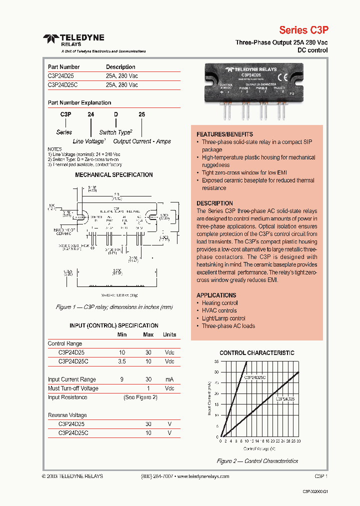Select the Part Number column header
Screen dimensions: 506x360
tap(63, 67)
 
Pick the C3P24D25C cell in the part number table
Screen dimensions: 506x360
tap(65, 85)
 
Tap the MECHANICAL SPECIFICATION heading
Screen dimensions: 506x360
tap(114, 175)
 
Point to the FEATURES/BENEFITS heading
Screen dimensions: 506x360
tap(224, 134)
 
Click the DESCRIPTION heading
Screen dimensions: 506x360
tap(214, 203)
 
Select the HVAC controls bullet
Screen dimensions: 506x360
tap(219, 310)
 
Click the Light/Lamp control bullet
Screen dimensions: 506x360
tap(223, 318)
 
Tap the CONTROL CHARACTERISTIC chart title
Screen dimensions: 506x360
tap(257, 353)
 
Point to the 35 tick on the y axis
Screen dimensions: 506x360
tap(216, 361)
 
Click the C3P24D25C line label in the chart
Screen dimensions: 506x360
tap(254, 377)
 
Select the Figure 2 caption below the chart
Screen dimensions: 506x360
tap(257, 461)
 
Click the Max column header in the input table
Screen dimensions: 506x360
tap(148, 334)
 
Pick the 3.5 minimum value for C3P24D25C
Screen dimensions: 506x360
tap(122, 361)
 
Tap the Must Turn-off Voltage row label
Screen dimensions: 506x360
tap(73, 388)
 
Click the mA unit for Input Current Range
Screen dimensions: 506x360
tap(169, 379)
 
